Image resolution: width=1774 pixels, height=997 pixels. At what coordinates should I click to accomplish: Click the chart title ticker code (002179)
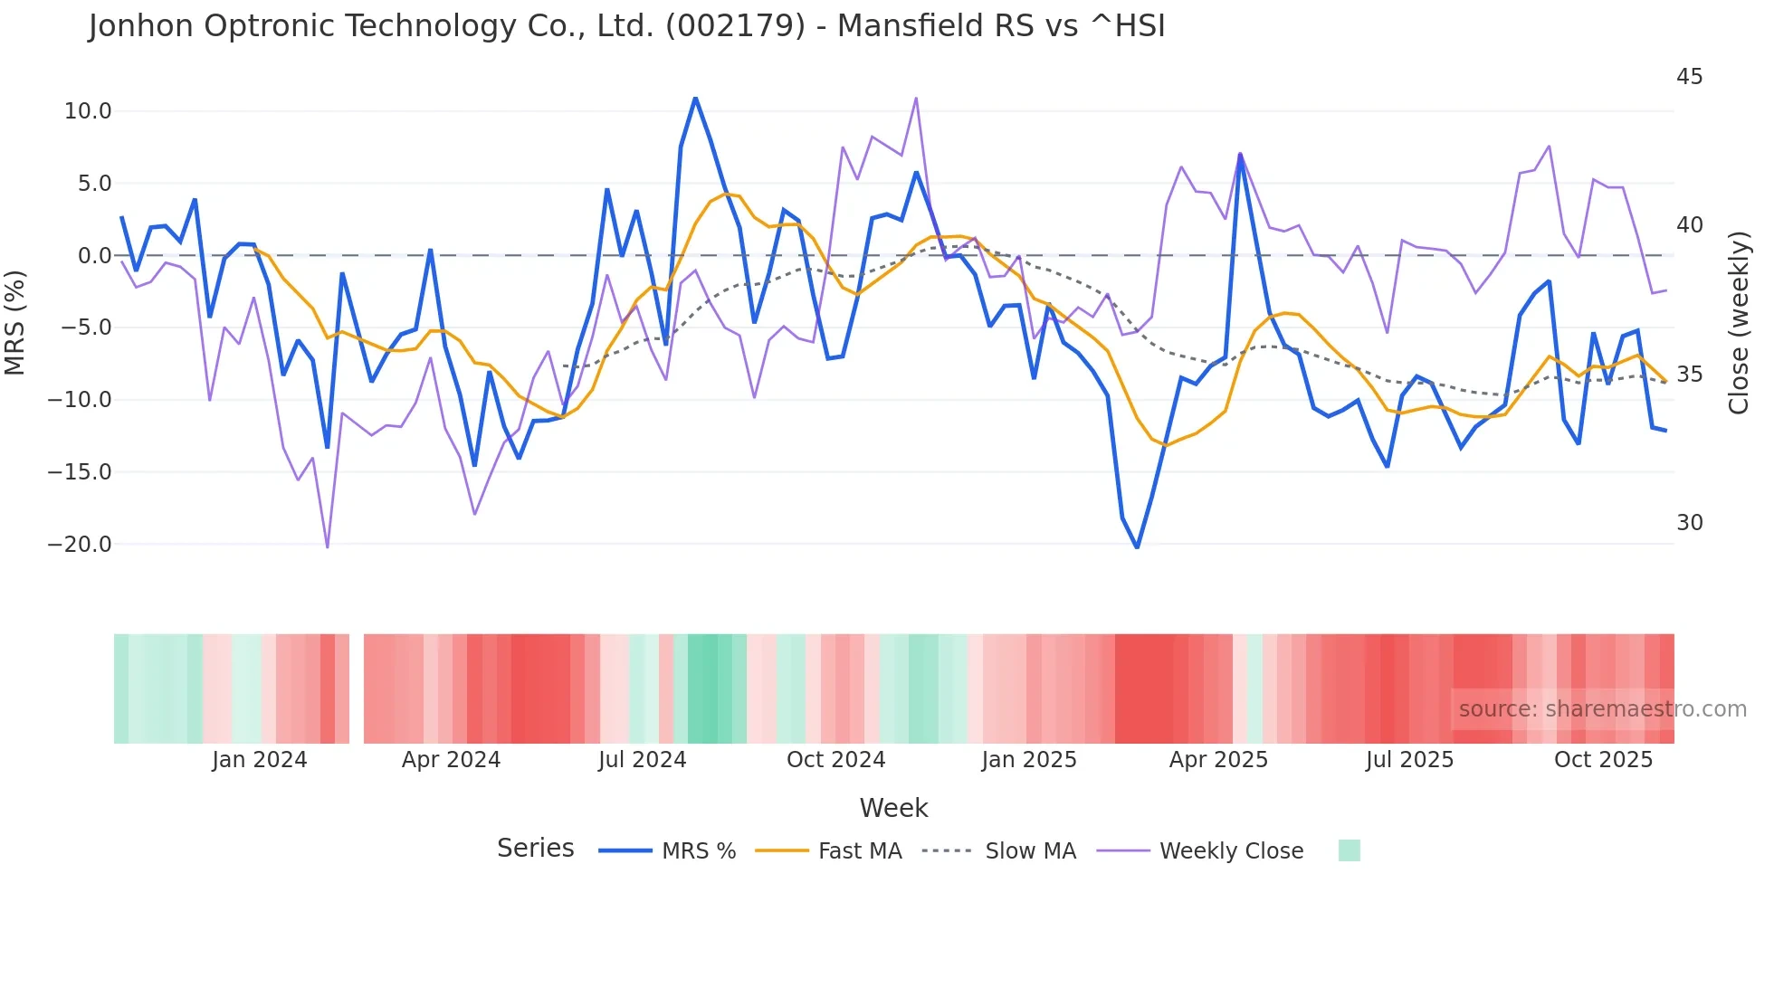(x=735, y=25)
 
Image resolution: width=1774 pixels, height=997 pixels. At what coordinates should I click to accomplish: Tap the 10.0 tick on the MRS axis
(x=88, y=111)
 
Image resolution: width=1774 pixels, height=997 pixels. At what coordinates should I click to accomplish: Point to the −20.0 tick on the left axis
(x=80, y=544)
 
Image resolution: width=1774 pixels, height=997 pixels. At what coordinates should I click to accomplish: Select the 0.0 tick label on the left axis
(x=94, y=256)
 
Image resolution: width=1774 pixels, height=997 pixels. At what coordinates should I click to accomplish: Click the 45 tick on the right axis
(x=1689, y=77)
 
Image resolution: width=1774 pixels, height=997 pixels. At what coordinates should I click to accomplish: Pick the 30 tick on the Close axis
(x=1689, y=523)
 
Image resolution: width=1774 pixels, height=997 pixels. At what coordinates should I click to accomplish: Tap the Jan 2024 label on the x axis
(x=260, y=760)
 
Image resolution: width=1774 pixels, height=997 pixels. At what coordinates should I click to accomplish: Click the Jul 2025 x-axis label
(x=1409, y=760)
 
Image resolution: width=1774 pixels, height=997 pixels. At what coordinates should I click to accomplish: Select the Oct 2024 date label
(x=835, y=760)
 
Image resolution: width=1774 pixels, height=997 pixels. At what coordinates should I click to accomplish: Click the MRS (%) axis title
(x=15, y=322)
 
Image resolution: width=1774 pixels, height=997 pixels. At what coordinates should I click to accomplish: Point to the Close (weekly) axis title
(x=1739, y=322)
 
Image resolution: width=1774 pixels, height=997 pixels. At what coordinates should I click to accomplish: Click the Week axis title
(x=893, y=808)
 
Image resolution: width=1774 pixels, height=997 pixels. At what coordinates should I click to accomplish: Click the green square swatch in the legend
(x=1349, y=850)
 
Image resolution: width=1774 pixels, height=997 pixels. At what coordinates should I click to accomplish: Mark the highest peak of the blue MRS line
(x=695, y=98)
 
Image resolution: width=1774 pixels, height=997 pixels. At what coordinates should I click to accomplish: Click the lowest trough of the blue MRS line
(x=1137, y=547)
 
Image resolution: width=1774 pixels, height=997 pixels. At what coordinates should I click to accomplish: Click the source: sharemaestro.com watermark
(x=1602, y=709)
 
